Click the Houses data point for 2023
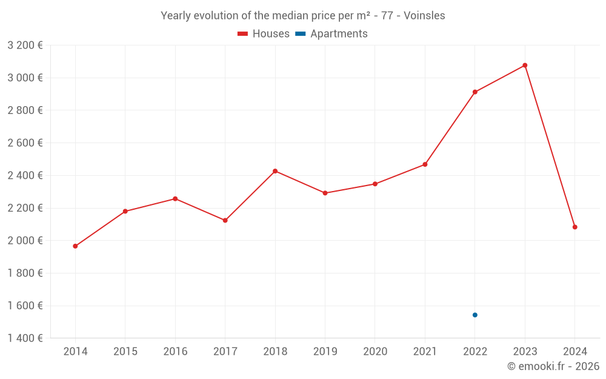click(525, 65)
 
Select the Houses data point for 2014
click(75, 246)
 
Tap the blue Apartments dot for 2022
click(475, 315)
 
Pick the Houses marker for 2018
click(275, 171)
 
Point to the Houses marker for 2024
click(574, 227)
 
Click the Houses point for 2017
click(225, 220)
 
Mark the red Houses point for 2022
click(475, 92)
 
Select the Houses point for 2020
click(375, 184)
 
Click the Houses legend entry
click(264, 34)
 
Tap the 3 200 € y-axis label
click(25, 45)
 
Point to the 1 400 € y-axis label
click(25, 338)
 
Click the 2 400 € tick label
click(25, 175)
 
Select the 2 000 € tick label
click(25, 241)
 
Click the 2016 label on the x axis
click(175, 352)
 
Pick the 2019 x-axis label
click(325, 352)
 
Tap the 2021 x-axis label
click(425, 352)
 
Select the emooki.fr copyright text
click(553, 366)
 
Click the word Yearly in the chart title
click(176, 16)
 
